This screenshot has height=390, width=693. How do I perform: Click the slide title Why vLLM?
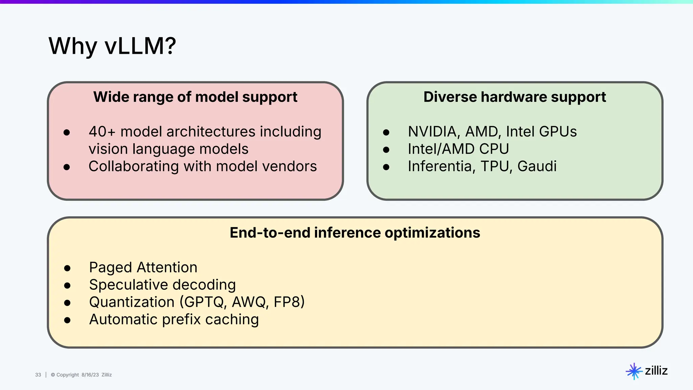click(x=112, y=46)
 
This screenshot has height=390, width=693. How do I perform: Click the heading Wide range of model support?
click(x=195, y=97)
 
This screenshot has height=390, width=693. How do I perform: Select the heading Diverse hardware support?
click(x=514, y=97)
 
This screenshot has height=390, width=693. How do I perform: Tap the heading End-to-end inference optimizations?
click(x=355, y=233)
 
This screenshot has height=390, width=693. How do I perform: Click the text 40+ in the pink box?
click(x=102, y=132)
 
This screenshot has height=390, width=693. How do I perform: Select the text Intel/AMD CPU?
click(x=458, y=149)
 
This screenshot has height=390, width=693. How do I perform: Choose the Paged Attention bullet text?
click(x=143, y=267)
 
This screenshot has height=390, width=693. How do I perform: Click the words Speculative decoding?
click(x=162, y=285)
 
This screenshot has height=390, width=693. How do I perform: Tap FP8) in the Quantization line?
click(x=289, y=302)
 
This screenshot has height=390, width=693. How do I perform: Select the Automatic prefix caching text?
click(x=174, y=320)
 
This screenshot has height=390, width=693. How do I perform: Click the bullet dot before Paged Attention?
click(x=67, y=268)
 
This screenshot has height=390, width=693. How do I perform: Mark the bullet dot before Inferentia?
click(x=386, y=167)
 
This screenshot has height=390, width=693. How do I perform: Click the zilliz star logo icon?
click(x=634, y=371)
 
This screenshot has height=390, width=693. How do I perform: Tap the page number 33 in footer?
click(x=38, y=375)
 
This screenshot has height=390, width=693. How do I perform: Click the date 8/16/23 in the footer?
click(x=90, y=375)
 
